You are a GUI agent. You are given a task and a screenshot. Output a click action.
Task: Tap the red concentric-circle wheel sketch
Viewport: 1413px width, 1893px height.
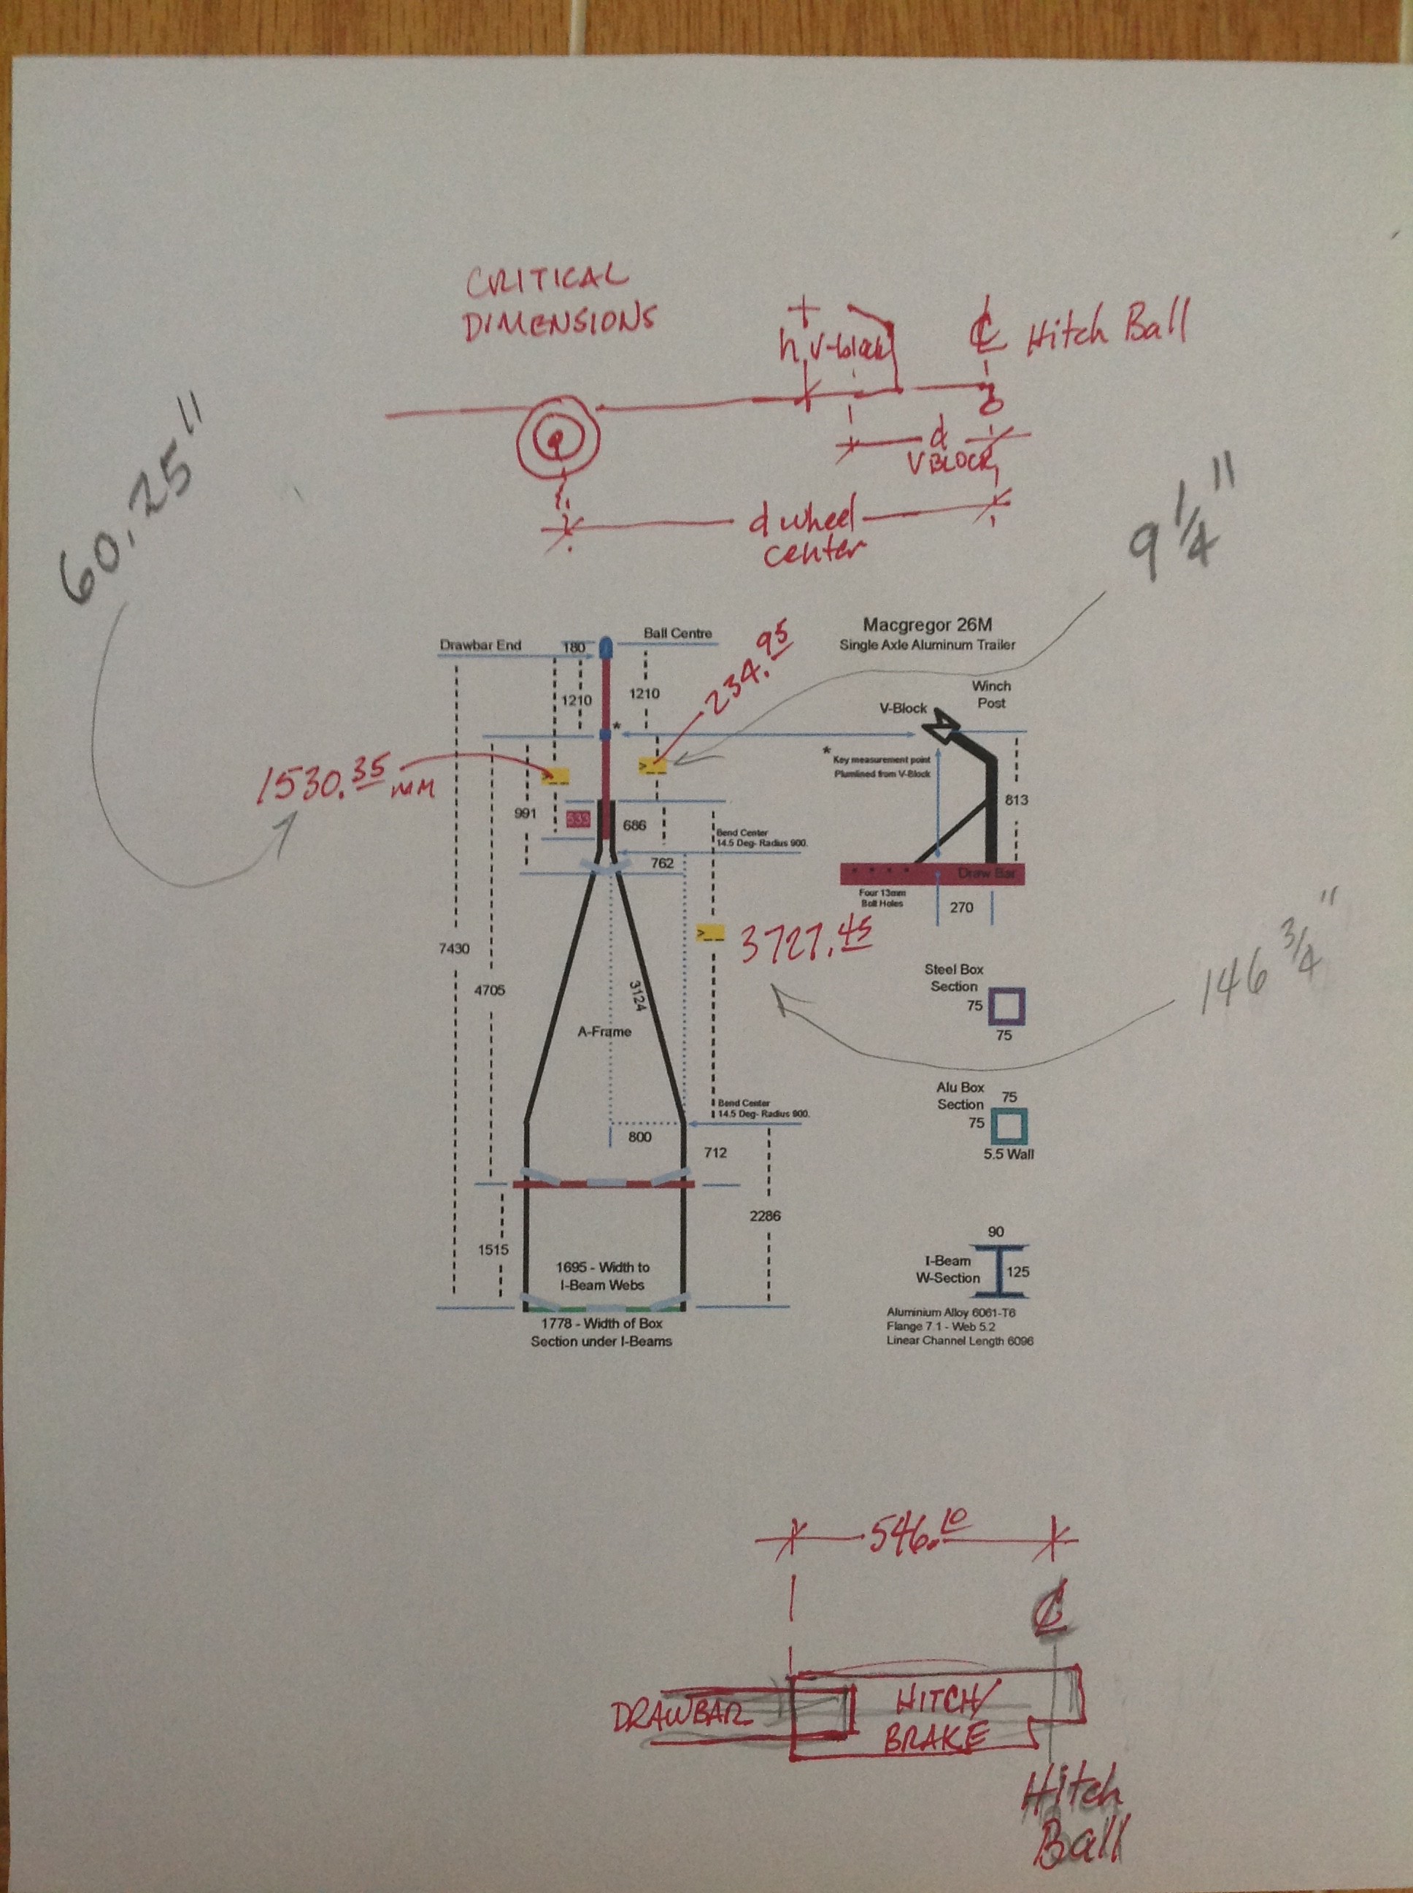click(557, 440)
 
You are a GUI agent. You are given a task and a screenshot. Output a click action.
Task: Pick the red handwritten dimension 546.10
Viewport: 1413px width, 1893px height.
click(916, 1537)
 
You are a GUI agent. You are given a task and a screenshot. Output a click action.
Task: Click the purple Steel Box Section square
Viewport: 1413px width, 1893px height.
click(1006, 1006)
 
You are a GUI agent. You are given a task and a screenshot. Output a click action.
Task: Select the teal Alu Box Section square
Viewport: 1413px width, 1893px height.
click(1009, 1127)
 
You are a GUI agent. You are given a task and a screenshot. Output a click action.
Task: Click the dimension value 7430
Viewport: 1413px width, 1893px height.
click(453, 948)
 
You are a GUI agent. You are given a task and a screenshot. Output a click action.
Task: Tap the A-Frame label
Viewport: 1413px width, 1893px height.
click(604, 1031)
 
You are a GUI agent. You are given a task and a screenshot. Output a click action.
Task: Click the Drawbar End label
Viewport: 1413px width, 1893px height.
click(480, 644)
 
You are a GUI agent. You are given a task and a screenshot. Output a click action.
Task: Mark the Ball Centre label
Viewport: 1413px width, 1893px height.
click(677, 633)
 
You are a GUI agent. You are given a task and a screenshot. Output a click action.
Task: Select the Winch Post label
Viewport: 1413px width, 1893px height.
click(991, 694)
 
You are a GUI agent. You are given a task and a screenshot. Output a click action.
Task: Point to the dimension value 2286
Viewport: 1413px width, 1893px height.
click(764, 1215)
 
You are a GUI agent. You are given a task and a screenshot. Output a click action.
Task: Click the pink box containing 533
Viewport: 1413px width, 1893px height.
click(577, 819)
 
